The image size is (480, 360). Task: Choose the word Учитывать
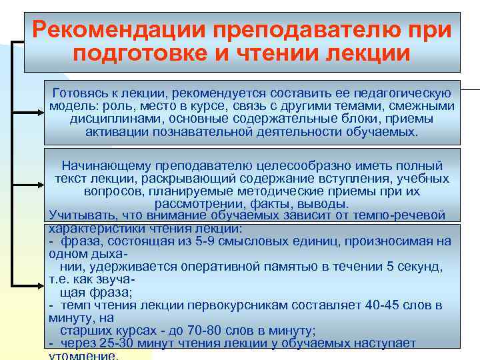[79, 215]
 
